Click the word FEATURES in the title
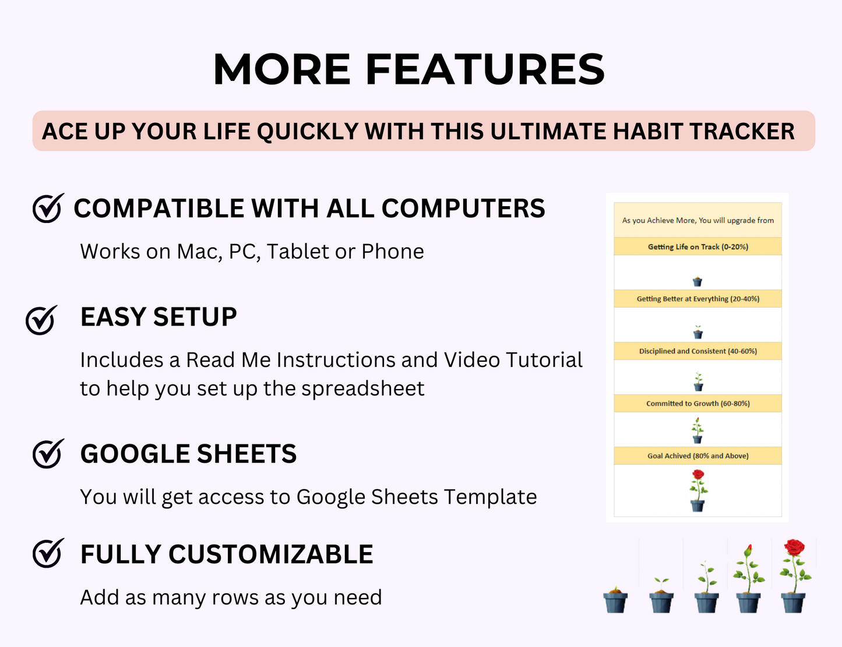click(485, 70)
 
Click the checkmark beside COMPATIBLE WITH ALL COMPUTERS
click(48, 208)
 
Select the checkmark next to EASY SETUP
click(41, 320)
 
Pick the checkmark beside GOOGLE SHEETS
click(48, 454)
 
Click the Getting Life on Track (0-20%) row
click(697, 247)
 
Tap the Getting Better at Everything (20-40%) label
click(697, 299)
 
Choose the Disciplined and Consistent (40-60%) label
click(697, 351)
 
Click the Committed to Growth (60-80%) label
click(697, 404)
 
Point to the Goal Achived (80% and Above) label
click(697, 456)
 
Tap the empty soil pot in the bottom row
click(615, 600)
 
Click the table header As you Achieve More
click(697, 220)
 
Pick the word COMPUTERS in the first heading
click(463, 208)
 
